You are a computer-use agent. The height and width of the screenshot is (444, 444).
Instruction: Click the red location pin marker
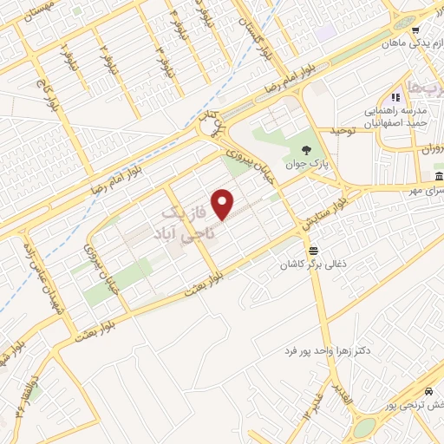pos(224,204)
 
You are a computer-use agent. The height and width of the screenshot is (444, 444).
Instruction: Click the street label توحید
pos(343,130)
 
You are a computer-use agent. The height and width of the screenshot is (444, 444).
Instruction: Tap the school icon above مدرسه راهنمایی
pos(395,97)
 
